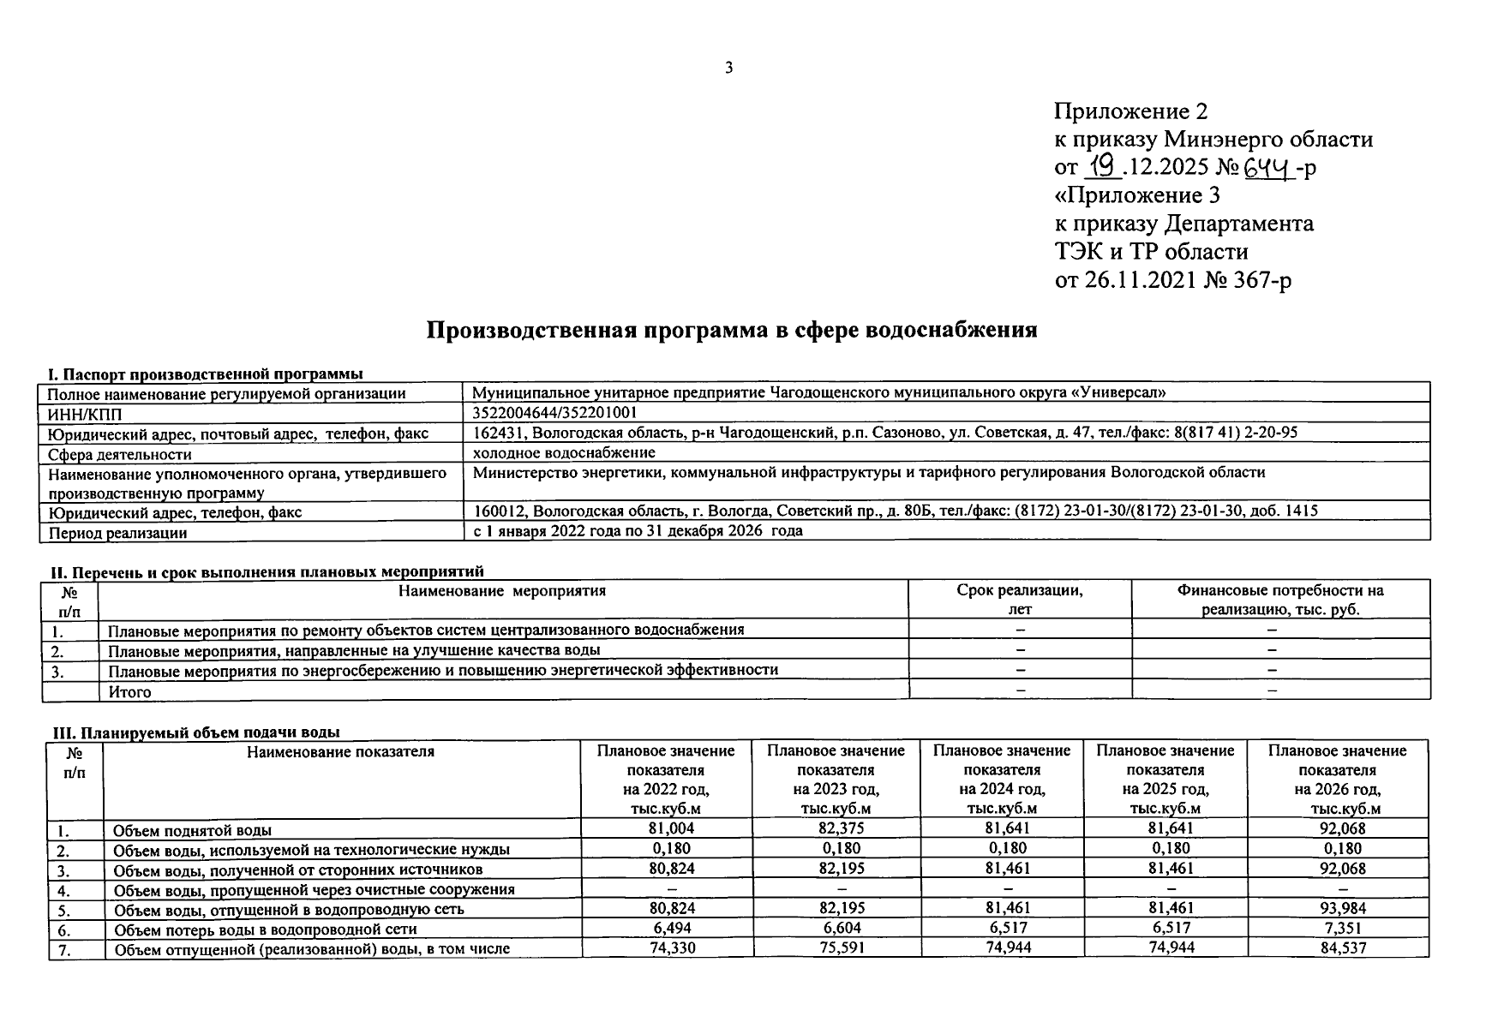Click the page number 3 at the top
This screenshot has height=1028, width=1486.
tap(728, 69)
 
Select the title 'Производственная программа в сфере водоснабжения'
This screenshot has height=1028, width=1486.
tap(732, 330)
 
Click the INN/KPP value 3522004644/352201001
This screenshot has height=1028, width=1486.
tap(555, 412)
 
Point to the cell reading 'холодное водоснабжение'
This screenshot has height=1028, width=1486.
tap(564, 452)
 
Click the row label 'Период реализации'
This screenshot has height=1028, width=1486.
tap(117, 533)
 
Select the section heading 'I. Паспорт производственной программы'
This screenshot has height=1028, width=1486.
tap(205, 374)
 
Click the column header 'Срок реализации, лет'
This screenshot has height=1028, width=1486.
tap(1020, 600)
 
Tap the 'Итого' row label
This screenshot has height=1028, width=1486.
tap(130, 691)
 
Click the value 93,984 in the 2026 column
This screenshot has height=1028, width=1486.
tap(1338, 908)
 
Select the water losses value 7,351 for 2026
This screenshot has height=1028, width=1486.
tap(1338, 928)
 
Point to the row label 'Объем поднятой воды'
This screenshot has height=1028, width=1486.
tap(193, 830)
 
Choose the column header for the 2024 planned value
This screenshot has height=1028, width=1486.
tap(1002, 780)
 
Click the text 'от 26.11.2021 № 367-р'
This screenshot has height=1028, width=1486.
tap(1173, 280)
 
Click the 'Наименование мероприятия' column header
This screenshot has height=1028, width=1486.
tap(502, 591)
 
